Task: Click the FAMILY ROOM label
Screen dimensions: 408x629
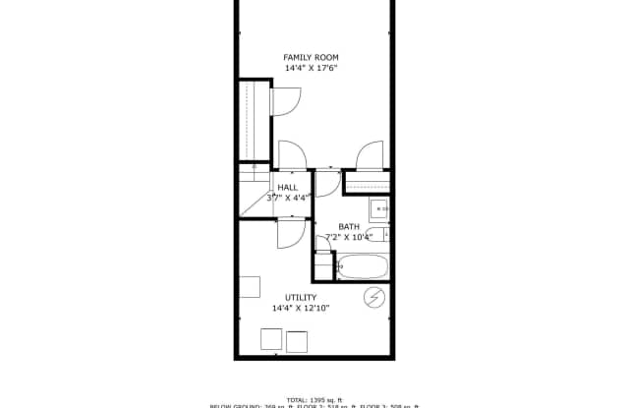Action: point(311,57)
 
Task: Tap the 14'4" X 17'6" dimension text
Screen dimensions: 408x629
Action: point(311,68)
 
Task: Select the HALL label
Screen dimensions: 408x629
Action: point(287,187)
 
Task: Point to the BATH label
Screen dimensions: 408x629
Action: point(349,227)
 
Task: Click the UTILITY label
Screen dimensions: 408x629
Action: point(300,298)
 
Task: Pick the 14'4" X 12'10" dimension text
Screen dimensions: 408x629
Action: point(300,309)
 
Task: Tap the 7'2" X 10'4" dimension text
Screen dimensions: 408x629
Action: point(350,237)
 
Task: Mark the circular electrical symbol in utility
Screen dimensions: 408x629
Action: point(374,298)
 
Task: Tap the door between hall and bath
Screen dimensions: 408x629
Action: point(327,183)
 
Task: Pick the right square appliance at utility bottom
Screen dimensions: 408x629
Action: point(297,341)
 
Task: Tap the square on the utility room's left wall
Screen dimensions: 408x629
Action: point(249,286)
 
